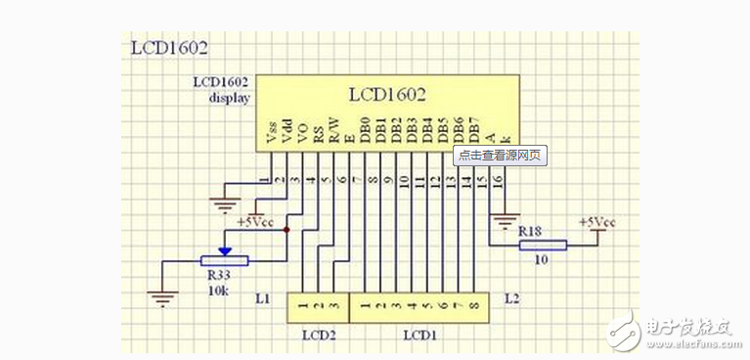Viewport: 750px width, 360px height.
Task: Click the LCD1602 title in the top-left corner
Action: point(169,48)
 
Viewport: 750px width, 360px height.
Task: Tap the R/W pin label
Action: point(333,133)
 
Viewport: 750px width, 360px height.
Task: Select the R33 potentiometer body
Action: point(224,261)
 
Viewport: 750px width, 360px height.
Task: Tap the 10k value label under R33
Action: point(218,291)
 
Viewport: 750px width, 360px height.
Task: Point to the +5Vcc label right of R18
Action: point(596,222)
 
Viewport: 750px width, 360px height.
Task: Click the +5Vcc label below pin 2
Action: point(264,222)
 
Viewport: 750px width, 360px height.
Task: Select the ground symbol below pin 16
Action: point(506,220)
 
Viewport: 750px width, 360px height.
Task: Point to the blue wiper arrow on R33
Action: point(225,250)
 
